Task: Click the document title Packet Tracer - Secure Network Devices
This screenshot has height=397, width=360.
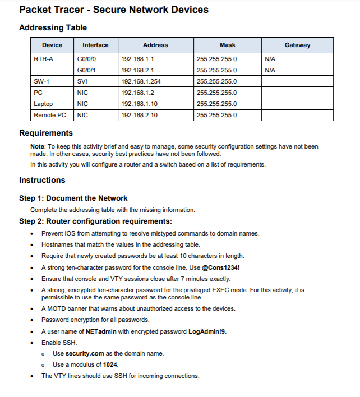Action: pos(113,10)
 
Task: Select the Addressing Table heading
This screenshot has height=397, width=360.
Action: pos(53,27)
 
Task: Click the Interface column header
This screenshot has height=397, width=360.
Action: pos(95,45)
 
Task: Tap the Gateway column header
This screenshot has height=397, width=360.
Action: pos(297,45)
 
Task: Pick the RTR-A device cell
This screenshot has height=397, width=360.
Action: pos(43,59)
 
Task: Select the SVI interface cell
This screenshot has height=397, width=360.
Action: pos(82,81)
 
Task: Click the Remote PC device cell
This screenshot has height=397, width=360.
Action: pos(49,115)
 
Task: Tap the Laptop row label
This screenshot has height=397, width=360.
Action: pos(43,104)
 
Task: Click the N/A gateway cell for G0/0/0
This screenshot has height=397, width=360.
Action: pos(269,59)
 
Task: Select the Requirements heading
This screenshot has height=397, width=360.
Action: pos(46,133)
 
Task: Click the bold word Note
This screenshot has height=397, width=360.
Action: pos(37,146)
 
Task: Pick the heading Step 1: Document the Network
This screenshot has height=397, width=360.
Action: pos(73,198)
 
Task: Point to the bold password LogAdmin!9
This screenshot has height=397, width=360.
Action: pos(207,331)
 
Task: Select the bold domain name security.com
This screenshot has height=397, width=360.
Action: pos(85,353)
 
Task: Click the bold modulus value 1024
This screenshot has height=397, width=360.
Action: pos(110,364)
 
